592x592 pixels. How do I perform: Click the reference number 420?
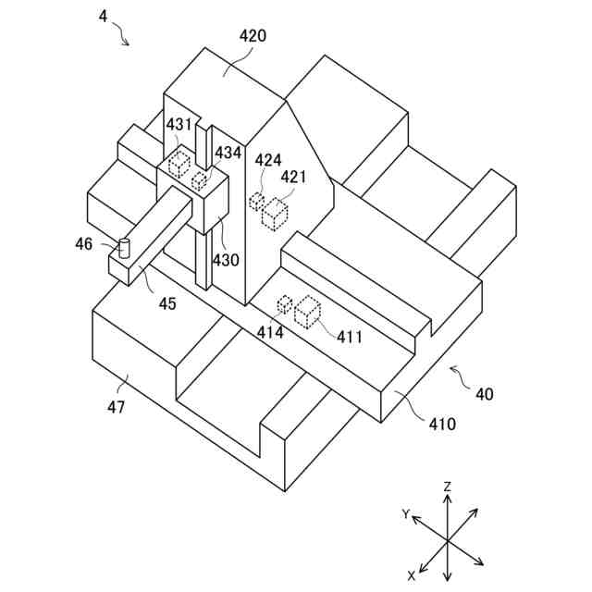click(253, 36)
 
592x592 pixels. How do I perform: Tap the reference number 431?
click(179, 124)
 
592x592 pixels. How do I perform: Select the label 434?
click(228, 152)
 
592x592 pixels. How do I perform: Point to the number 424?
click(268, 160)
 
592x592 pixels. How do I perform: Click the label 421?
click(293, 177)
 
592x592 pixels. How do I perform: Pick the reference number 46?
click(84, 244)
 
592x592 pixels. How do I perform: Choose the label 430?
click(226, 260)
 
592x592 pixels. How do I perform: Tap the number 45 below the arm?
click(166, 303)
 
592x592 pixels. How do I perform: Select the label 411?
click(349, 337)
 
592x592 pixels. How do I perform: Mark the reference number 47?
click(116, 406)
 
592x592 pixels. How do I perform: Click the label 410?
click(441, 425)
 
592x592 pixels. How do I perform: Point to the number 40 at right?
click(484, 394)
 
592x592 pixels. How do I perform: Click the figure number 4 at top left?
click(103, 16)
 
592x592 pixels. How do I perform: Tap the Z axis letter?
click(447, 486)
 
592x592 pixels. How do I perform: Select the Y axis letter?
click(405, 512)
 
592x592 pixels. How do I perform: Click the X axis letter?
click(412, 575)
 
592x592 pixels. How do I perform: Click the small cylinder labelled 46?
click(126, 248)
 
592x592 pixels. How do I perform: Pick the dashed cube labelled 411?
click(307, 311)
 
